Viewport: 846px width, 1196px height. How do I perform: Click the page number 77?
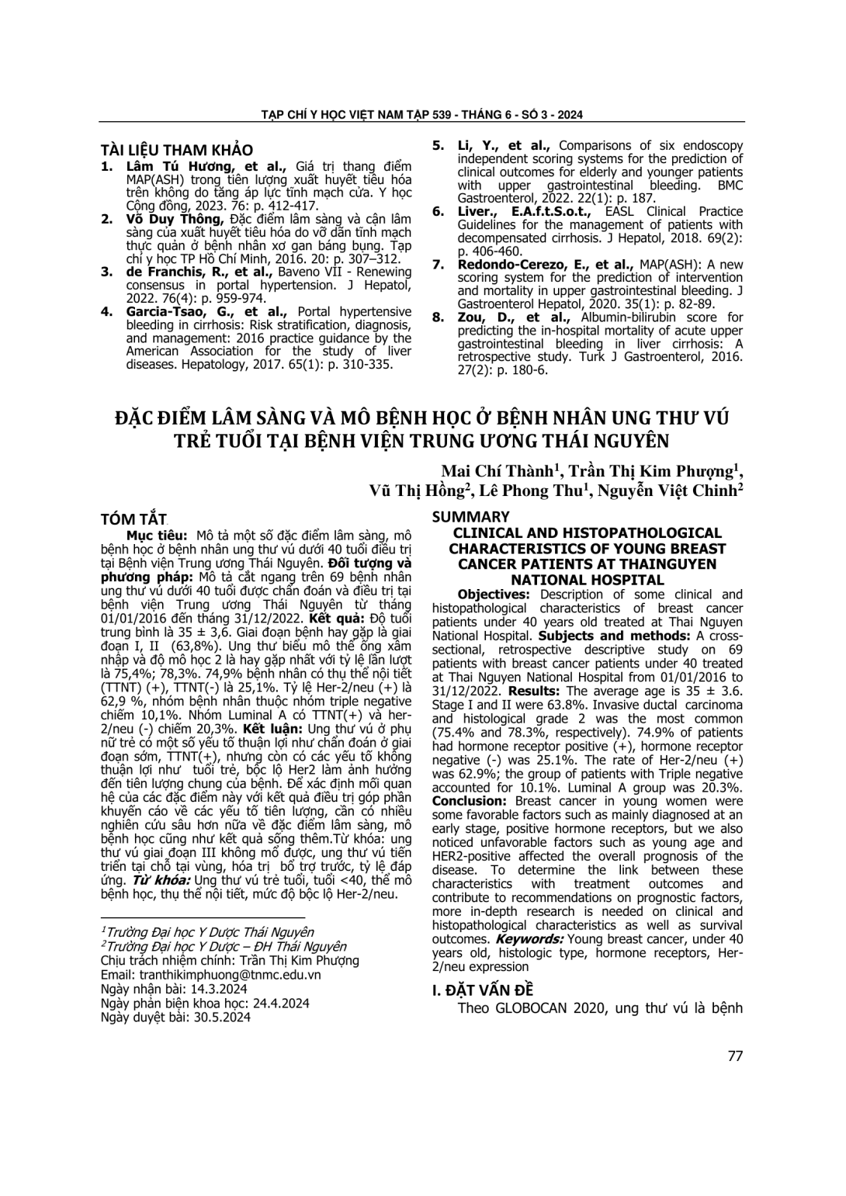pos(735,1056)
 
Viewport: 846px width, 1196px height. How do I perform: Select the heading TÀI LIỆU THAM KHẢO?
pos(177,151)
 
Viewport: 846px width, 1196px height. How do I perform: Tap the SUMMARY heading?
pos(470,516)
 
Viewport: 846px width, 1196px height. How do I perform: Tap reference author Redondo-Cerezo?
pos(509,265)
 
